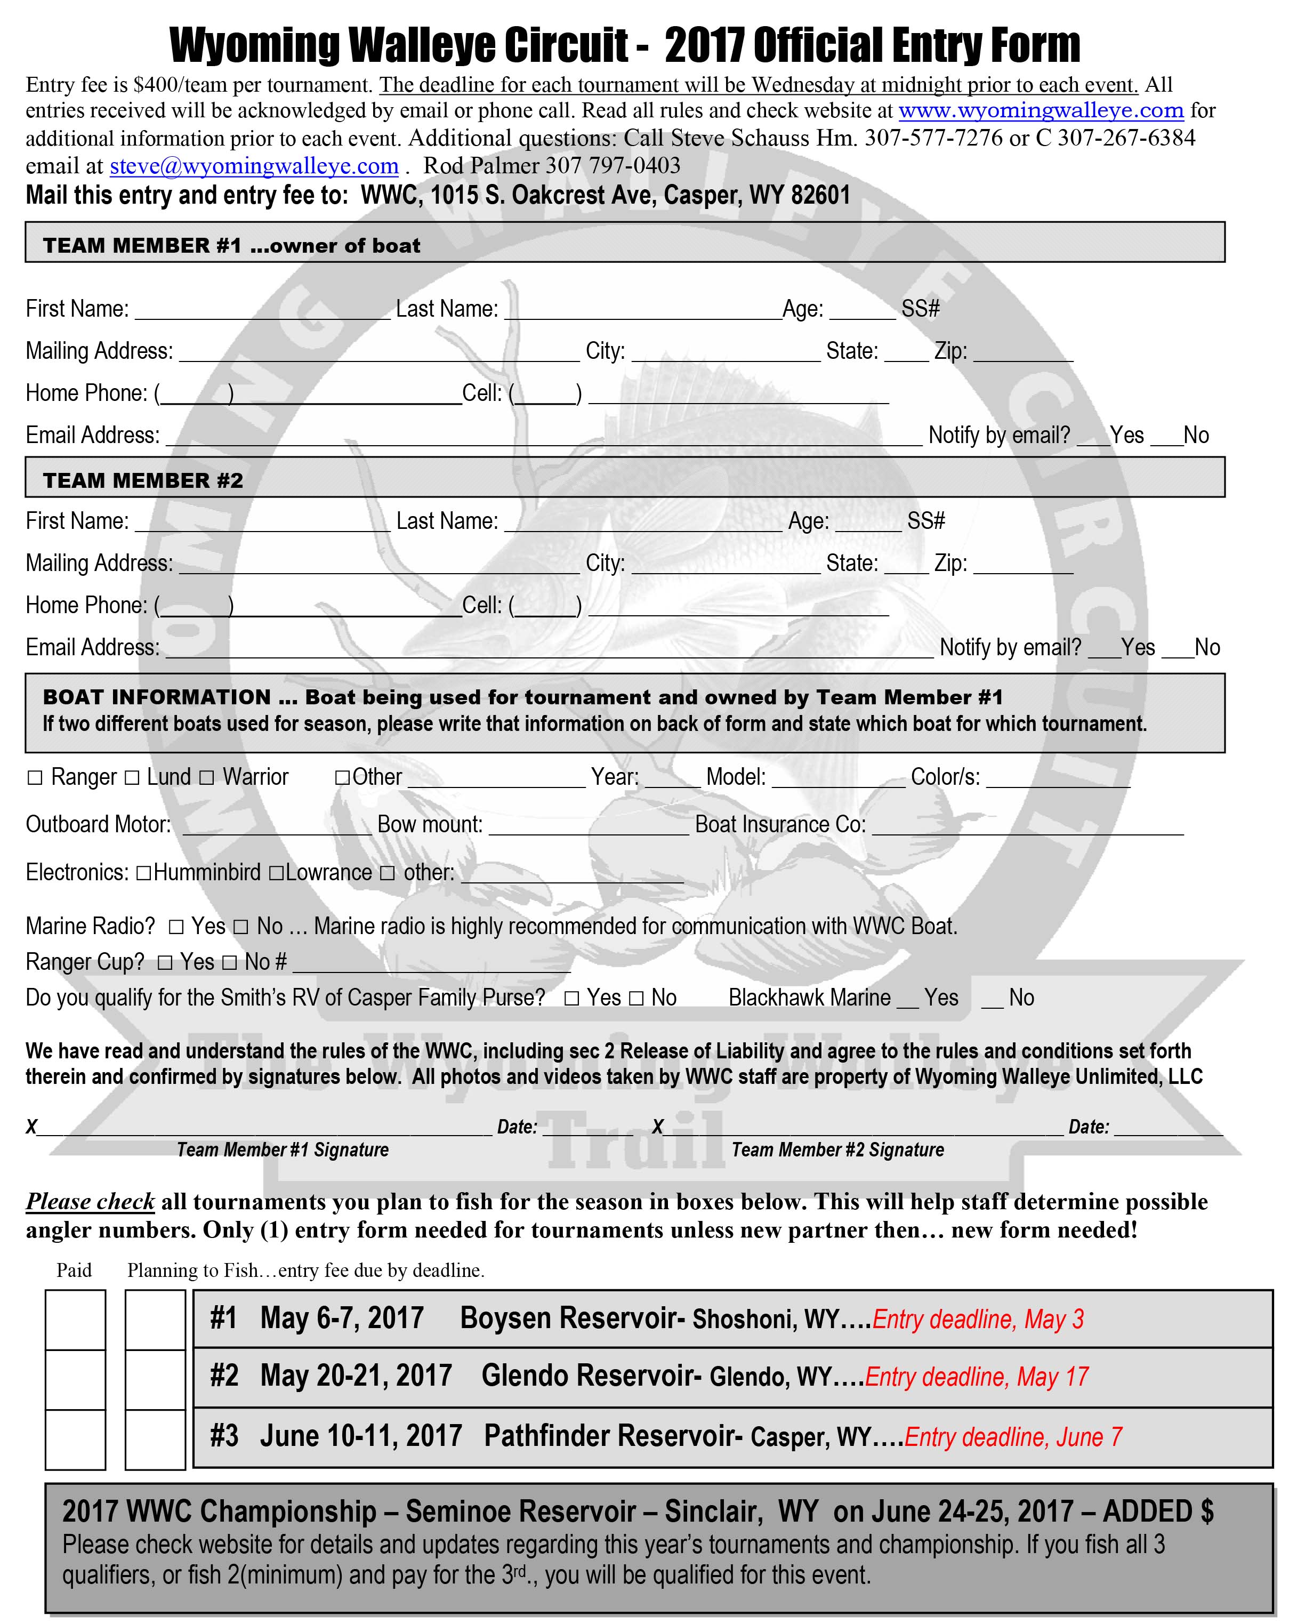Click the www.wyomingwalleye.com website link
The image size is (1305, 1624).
tap(1041, 111)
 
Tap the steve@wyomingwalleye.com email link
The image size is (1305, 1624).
tap(254, 166)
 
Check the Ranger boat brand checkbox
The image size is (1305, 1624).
tap(35, 777)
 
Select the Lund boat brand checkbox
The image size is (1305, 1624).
tap(132, 777)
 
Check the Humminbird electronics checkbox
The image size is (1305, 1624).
tap(143, 873)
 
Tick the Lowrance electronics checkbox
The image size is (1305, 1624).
tap(276, 873)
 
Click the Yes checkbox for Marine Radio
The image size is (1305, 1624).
tap(176, 927)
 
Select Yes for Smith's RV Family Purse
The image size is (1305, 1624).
tap(573, 998)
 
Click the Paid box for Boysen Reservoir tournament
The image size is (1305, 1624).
tap(75, 1320)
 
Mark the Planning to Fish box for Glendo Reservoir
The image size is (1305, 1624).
tap(155, 1379)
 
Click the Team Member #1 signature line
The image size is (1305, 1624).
tap(263, 1128)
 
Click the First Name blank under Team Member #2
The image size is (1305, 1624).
tap(262, 522)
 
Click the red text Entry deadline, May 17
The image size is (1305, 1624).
tap(977, 1377)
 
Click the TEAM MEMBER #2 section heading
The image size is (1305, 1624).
tap(143, 480)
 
